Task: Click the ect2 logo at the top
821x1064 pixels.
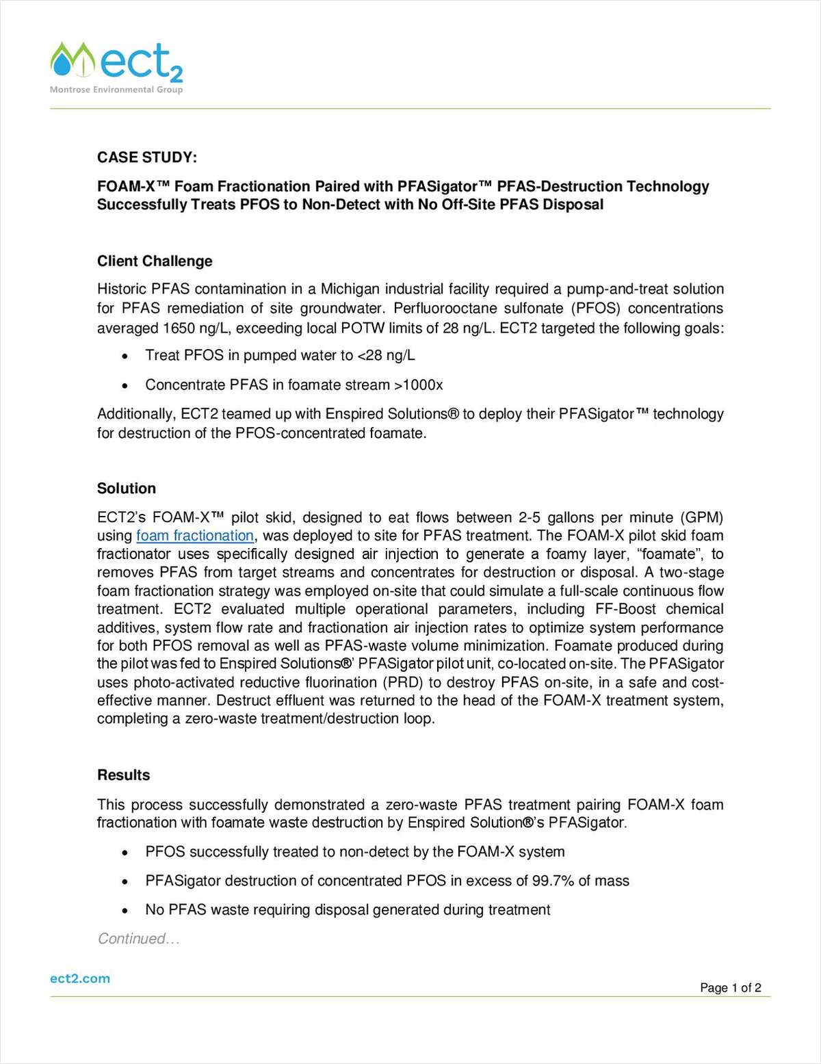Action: point(116,64)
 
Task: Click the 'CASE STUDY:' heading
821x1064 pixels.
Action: point(147,157)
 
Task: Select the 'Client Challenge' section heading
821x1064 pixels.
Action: point(155,261)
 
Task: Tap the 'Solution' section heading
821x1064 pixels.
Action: point(127,488)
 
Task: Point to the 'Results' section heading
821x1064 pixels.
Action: point(123,775)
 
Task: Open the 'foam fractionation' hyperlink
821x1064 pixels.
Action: point(195,536)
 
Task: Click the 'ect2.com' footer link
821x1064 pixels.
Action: point(80,978)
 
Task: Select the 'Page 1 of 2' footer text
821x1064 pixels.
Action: point(730,987)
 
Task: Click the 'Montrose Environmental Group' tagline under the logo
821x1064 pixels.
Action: point(116,90)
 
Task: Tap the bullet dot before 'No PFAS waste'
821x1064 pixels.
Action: point(125,911)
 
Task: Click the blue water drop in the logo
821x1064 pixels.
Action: point(63,65)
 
